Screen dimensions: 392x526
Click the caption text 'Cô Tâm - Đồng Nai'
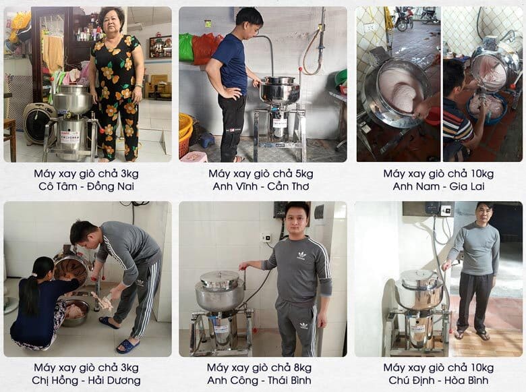[x=86, y=186]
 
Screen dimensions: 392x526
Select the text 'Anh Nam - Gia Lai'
[x=438, y=186]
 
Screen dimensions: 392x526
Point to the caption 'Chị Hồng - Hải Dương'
[x=86, y=381]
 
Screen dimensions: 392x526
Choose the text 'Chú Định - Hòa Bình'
[x=438, y=381]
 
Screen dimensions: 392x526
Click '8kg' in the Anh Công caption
[x=300, y=368]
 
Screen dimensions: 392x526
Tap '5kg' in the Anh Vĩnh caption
[x=301, y=173]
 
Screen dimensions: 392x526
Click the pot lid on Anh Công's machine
[x=220, y=278]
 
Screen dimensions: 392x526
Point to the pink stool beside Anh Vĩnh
[x=194, y=157]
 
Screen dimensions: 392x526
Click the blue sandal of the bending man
[x=127, y=345]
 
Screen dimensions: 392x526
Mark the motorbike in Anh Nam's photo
[x=405, y=19]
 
